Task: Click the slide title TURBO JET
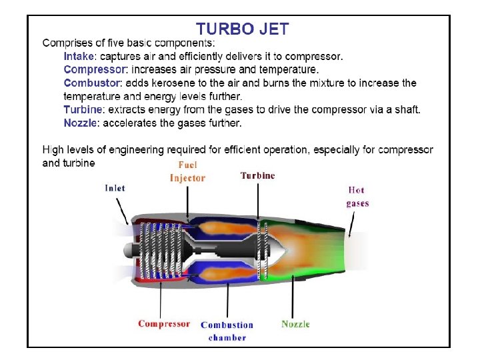[x=242, y=29]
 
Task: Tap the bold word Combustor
[x=92, y=83]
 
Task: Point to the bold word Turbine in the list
[x=83, y=109]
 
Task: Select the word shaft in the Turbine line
[x=405, y=109]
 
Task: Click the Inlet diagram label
[x=115, y=188]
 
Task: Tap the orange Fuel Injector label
[x=187, y=171]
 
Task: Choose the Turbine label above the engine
[x=257, y=175]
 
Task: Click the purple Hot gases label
[x=357, y=197]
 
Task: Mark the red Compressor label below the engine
[x=164, y=324]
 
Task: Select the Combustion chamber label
[x=227, y=331]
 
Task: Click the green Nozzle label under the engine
[x=295, y=324]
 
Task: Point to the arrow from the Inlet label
[x=123, y=211]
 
